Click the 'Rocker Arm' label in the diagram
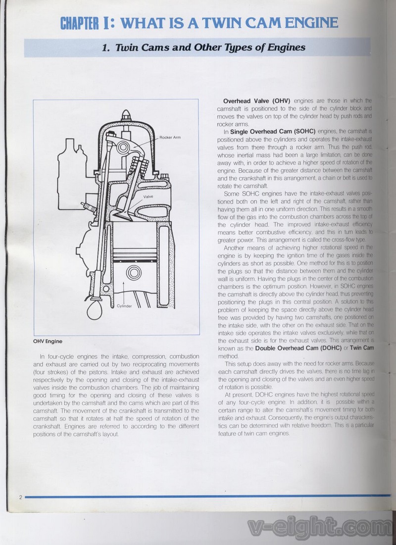click(x=170, y=137)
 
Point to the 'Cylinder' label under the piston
click(x=124, y=306)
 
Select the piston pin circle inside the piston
click(x=133, y=273)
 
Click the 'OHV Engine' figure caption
click(x=48, y=341)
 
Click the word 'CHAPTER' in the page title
click(x=80, y=23)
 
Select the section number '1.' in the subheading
click(x=105, y=48)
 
